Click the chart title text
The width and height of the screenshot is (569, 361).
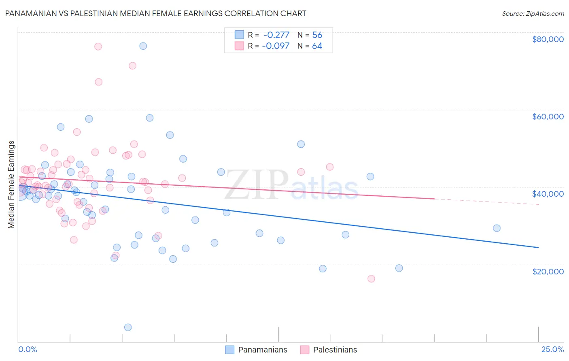pos(155,13)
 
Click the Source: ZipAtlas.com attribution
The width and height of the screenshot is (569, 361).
pos(533,13)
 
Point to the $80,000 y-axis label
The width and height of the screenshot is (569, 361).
pos(548,39)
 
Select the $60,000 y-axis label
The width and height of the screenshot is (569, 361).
pos(548,117)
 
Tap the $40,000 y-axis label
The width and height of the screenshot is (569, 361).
pos(548,194)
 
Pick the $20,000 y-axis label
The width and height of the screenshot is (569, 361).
pos(548,271)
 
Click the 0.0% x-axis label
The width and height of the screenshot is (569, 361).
pos(28,349)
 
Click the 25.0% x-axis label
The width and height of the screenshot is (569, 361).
pos(552,349)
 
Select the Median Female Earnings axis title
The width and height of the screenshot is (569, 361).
pos(11,185)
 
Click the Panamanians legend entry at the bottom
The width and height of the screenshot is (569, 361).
pos(256,350)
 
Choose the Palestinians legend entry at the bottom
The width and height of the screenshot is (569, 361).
pos(329,350)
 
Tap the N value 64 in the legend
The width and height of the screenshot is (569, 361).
pos(317,46)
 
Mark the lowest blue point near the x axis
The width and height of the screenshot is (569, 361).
pos(128,327)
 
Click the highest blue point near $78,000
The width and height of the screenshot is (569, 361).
pos(143,46)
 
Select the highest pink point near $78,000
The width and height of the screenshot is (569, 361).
pos(98,47)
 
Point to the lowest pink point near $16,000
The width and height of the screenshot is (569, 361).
pos(371,278)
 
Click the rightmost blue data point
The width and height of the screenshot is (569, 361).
pos(497,228)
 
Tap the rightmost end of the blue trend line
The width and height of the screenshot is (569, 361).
pos(538,247)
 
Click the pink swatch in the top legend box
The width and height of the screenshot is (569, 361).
pos(239,46)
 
